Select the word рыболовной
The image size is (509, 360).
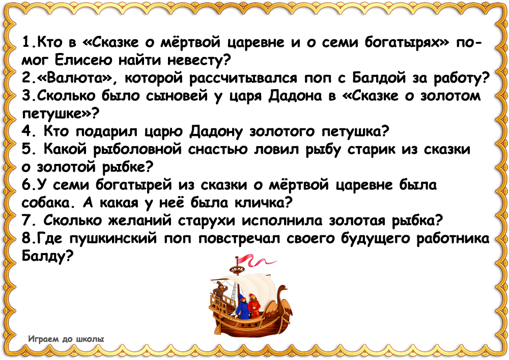[x=137, y=150]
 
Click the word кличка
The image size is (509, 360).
[x=262, y=203]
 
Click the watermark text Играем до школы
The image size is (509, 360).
[x=66, y=339]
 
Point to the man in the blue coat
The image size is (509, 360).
[x=242, y=306]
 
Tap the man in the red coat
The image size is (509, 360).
[x=253, y=305]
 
